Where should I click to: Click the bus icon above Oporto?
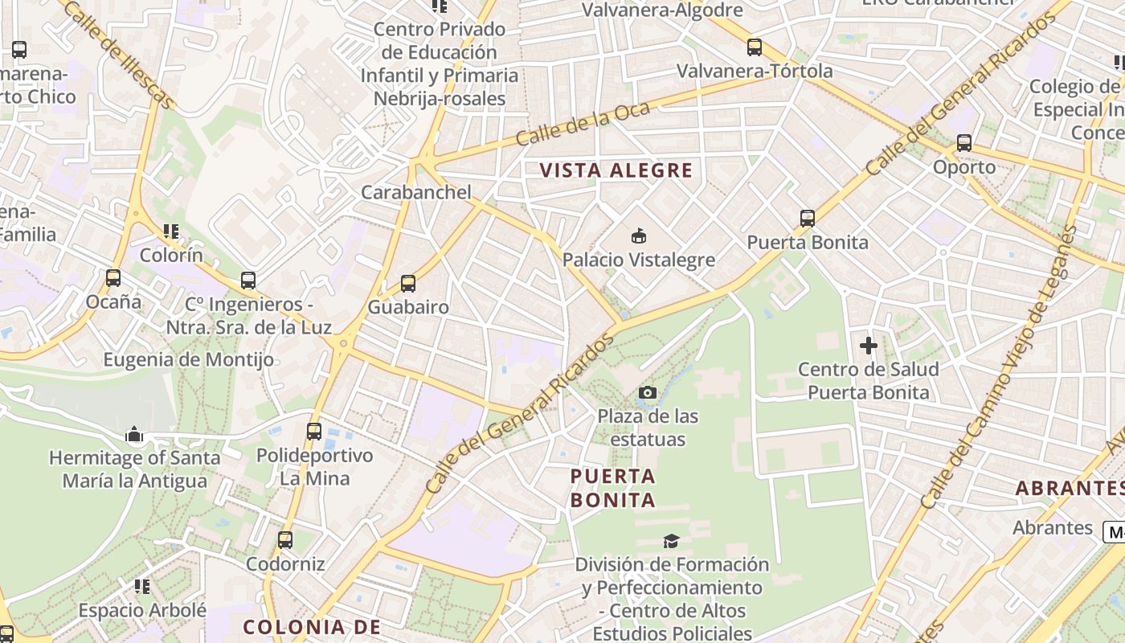pyautogui.click(x=963, y=143)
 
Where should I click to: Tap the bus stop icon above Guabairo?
pyautogui.click(x=408, y=283)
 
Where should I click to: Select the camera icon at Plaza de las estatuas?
pyautogui.click(x=647, y=392)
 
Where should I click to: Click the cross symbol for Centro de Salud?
pyautogui.click(x=868, y=346)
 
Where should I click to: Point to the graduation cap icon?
pyautogui.click(x=671, y=541)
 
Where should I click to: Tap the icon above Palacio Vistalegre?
pyautogui.click(x=639, y=235)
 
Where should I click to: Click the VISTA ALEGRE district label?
pyautogui.click(x=616, y=170)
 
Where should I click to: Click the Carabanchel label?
pyautogui.click(x=415, y=192)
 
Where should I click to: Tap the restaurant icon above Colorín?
pyautogui.click(x=171, y=231)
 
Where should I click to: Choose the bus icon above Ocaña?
pyautogui.click(x=113, y=278)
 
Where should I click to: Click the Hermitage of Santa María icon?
pyautogui.click(x=134, y=435)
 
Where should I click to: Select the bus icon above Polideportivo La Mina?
pyautogui.click(x=314, y=431)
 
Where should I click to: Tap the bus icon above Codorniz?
pyautogui.click(x=285, y=539)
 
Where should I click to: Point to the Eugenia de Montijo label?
pyautogui.click(x=188, y=359)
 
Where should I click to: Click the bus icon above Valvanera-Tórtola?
pyautogui.click(x=754, y=47)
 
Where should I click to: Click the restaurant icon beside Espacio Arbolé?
pyautogui.click(x=142, y=586)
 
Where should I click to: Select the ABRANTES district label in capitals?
pyautogui.click(x=1069, y=488)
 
